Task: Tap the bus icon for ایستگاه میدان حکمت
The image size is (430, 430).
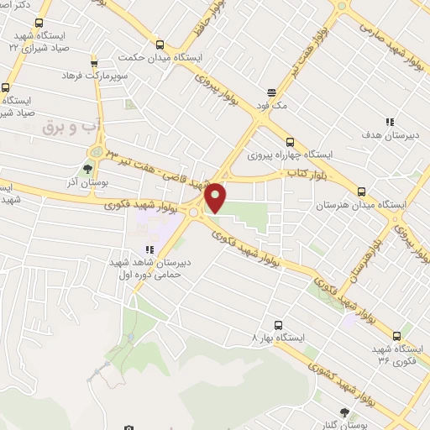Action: click(x=160, y=45)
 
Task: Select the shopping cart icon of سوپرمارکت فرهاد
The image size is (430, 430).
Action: click(x=93, y=61)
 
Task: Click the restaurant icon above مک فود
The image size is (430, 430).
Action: click(x=271, y=92)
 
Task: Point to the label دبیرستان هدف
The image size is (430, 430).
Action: click(x=385, y=134)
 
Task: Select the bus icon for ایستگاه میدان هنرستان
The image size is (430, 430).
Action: click(x=361, y=191)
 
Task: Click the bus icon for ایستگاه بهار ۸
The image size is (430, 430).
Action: click(x=277, y=323)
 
